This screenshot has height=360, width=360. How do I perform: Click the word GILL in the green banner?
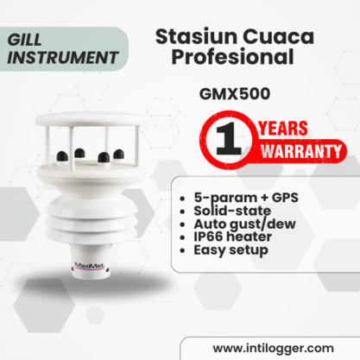pyautogui.click(x=25, y=40)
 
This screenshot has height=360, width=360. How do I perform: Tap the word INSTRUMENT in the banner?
pyautogui.click(x=63, y=58)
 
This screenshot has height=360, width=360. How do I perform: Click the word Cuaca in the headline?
pyautogui.click(x=278, y=36)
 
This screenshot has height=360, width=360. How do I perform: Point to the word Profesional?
pyautogui.click(x=232, y=56)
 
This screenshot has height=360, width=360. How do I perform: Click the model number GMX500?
pyautogui.click(x=235, y=94)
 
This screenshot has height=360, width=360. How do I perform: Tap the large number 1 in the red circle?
pyautogui.click(x=228, y=139)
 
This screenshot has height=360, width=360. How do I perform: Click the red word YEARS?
pyautogui.click(x=283, y=129)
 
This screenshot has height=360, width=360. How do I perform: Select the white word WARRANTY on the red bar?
pyautogui.click(x=301, y=151)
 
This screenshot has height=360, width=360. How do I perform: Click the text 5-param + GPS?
pyautogui.click(x=246, y=198)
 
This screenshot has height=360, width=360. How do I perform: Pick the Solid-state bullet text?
pyautogui.click(x=232, y=211)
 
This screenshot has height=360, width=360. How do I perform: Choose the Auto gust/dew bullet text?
pyautogui.click(x=244, y=224)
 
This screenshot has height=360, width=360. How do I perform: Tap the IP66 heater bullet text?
pyautogui.click(x=232, y=237)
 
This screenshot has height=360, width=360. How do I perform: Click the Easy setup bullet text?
pyautogui.click(x=231, y=250)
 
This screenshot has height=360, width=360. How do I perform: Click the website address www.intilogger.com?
pyautogui.click(x=274, y=348)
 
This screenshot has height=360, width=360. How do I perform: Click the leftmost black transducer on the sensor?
pyautogui.click(x=62, y=156)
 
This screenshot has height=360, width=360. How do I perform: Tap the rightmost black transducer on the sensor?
pyautogui.click(x=119, y=154)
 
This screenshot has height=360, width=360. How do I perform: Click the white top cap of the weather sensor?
pyautogui.click(x=92, y=118)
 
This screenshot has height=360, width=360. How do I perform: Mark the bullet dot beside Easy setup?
pyautogui.click(x=182, y=250)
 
